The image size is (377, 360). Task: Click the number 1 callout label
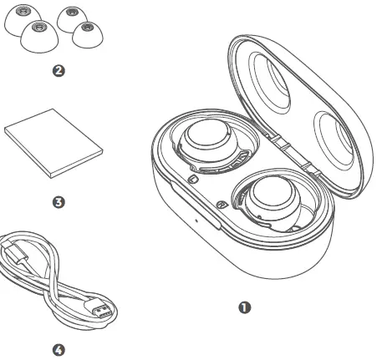pyautogui.click(x=245, y=307)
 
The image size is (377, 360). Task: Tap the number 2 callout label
pyautogui.click(x=58, y=72)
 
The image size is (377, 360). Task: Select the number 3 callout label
pyautogui.click(x=58, y=202)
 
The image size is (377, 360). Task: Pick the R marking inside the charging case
pyautogui.click(x=221, y=205)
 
